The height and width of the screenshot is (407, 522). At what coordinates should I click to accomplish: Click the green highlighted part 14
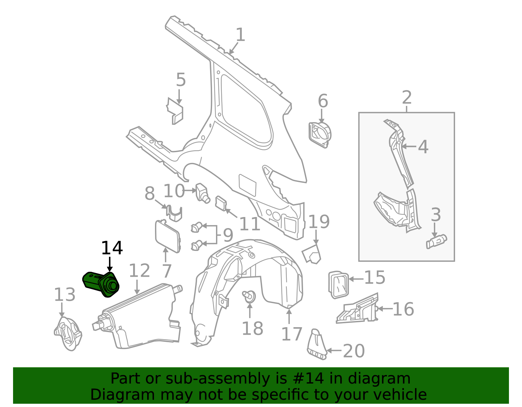pos(101,283)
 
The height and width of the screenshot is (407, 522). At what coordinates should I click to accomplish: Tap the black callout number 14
pos(112,248)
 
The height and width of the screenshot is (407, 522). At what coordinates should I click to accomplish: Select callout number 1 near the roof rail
pos(240,35)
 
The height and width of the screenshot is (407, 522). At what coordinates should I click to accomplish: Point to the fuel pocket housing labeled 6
pos(320,134)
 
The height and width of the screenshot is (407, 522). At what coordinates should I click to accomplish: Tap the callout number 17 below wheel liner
pos(292,334)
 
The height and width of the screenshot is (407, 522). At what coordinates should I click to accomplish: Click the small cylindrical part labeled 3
pos(436,241)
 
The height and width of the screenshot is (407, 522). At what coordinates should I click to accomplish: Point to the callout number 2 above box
pos(407,97)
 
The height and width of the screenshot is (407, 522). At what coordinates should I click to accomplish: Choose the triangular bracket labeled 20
pos(316,345)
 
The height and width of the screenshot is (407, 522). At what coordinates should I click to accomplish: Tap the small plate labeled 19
pos(312,254)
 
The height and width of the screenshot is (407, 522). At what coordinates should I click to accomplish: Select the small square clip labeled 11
pos(221,204)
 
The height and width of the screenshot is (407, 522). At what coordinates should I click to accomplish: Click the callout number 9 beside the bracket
pos(228,235)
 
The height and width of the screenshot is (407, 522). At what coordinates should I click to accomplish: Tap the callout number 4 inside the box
pos(423,147)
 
